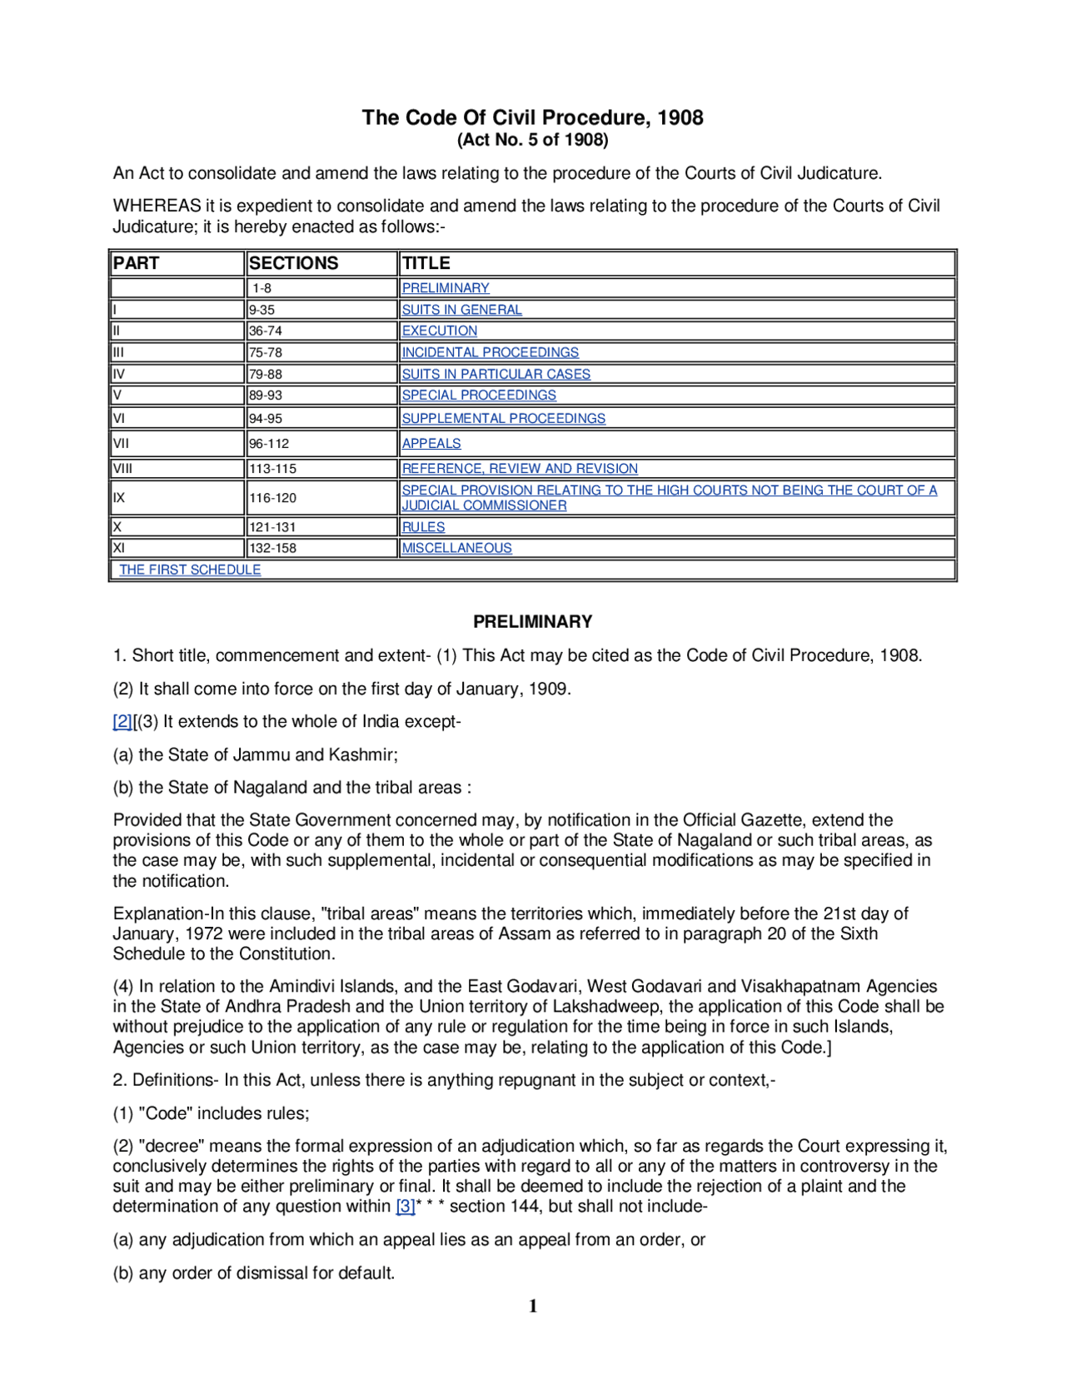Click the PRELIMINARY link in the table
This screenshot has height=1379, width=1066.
click(x=445, y=288)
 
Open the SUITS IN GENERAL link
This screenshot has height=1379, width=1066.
click(x=461, y=310)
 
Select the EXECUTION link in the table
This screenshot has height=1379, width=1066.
click(x=439, y=331)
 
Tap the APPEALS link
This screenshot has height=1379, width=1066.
click(x=431, y=444)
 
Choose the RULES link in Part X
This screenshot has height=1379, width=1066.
click(x=423, y=527)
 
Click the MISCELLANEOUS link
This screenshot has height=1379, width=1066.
click(x=456, y=548)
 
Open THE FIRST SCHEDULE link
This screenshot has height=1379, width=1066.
click(x=190, y=570)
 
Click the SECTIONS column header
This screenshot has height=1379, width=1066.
click(x=293, y=263)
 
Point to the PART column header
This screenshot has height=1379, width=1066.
click(x=136, y=263)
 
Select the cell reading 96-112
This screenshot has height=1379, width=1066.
click(x=269, y=444)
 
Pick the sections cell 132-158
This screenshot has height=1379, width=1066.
click(x=272, y=548)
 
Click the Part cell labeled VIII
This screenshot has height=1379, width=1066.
click(x=122, y=469)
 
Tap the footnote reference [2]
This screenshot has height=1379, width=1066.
click(x=122, y=722)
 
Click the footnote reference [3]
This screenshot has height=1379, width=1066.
click(x=405, y=1207)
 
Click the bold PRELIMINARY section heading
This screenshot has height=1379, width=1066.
click(x=532, y=622)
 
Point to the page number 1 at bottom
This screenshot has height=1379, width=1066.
click(x=533, y=1307)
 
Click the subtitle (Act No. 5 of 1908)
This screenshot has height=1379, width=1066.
click(x=532, y=140)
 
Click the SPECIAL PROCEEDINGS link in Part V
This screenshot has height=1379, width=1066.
click(x=479, y=395)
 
